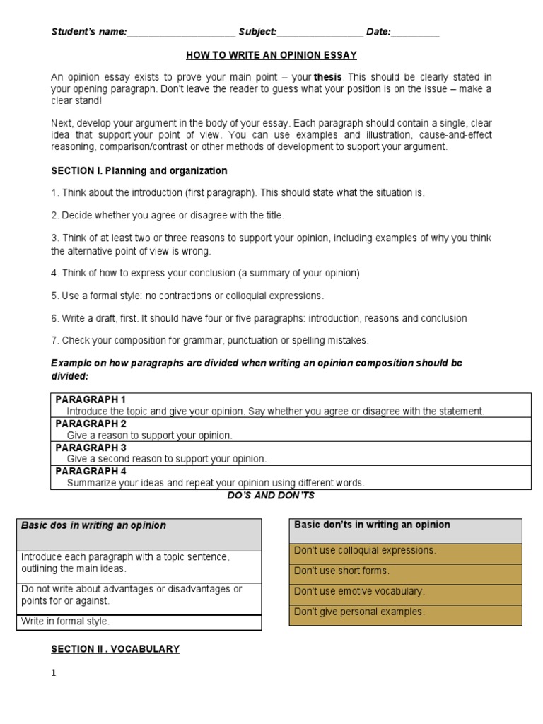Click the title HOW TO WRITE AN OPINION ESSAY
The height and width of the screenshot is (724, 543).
pos(271,55)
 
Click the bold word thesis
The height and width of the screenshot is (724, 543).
pos(328,77)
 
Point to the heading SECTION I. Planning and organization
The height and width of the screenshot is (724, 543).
pos(139,171)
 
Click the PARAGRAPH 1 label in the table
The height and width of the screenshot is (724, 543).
pos(90,400)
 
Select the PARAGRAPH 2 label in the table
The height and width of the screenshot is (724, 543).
pos(90,424)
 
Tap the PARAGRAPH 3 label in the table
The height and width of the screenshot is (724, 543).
pos(90,448)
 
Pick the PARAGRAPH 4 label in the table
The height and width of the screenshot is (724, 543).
pos(90,472)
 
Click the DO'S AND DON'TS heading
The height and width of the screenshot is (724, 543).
pos(271,496)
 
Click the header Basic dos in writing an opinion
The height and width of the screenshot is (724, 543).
pos(94,526)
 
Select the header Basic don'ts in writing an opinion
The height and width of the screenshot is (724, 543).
pos(372,525)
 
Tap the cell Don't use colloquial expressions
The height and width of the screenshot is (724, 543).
pos(366,550)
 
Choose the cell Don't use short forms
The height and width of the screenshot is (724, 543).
pos(341,571)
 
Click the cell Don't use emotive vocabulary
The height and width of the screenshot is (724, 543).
pos(359,592)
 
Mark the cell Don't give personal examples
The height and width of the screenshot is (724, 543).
pos(359,612)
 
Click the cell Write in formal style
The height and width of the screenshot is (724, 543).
pos(66,622)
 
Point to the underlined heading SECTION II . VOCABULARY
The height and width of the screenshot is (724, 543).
pos(115,649)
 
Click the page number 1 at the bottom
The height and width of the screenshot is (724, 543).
pos(53,673)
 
